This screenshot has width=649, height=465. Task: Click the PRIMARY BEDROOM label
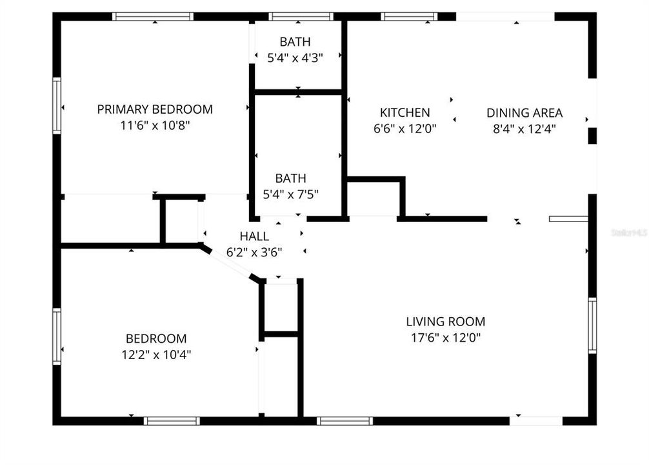coord(155,109)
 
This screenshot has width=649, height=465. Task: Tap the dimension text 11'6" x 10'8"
coord(155,125)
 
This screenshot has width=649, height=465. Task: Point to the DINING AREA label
coord(524,112)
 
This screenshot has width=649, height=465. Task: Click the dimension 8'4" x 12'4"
coord(524,129)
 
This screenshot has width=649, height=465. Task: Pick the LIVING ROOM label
coord(445,321)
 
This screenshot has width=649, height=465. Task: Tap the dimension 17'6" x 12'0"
coord(445,337)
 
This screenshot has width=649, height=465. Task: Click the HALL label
coord(254,236)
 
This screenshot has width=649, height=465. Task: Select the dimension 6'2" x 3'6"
coord(254,252)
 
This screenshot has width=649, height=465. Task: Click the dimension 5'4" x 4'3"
coord(295,57)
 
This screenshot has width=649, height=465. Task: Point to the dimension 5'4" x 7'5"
coord(290,194)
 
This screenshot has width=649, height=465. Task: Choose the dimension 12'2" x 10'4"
coord(155,354)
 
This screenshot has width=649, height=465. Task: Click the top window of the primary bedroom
coord(153,17)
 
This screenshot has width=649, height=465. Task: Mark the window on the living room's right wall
coord(592,325)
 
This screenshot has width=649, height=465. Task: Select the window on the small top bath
coord(300,17)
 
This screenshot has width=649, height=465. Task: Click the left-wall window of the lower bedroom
coord(57,336)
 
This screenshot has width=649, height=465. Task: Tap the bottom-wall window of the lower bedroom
coord(171,420)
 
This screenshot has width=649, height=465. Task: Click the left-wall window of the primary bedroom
coord(57,105)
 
